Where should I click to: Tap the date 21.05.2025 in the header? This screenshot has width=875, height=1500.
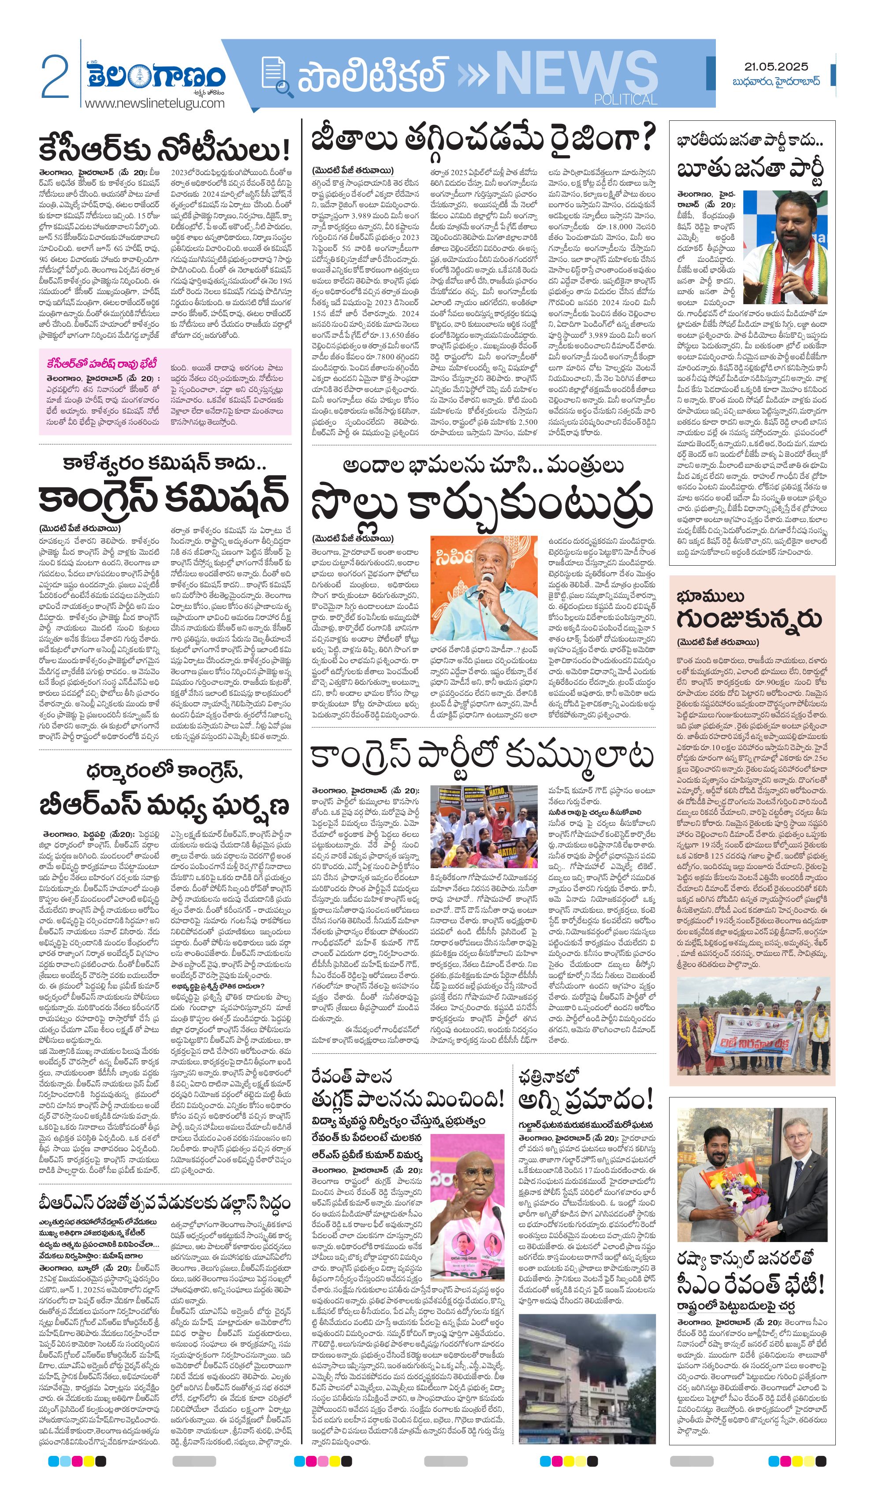[775, 67]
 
